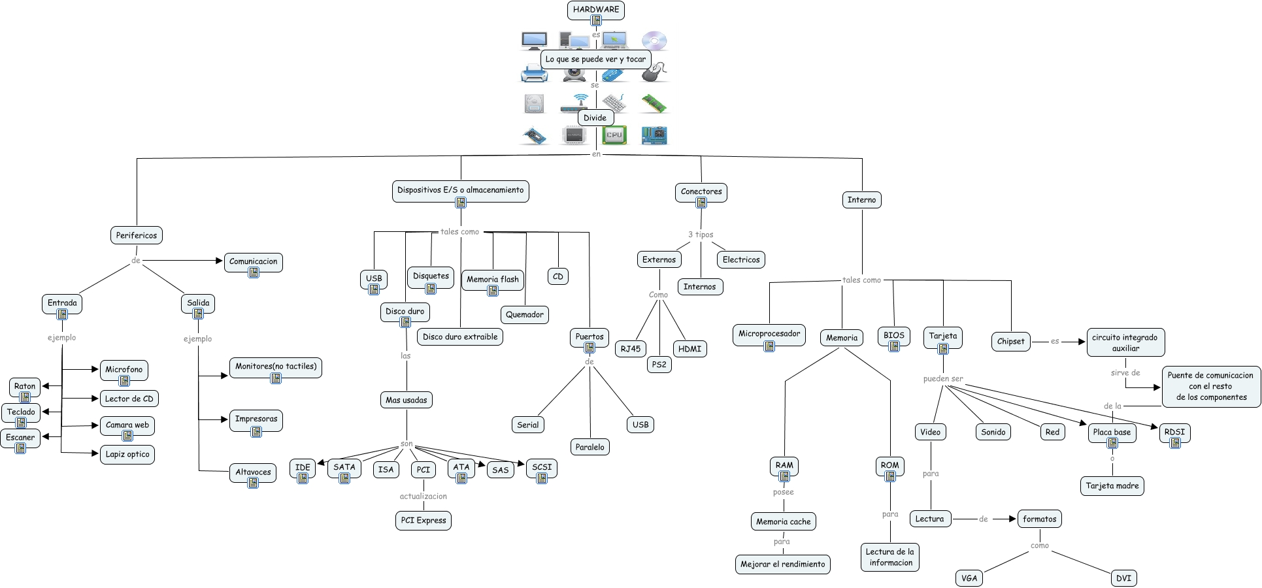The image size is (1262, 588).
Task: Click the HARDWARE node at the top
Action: tap(595, 9)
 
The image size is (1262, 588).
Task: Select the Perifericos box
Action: tap(136, 235)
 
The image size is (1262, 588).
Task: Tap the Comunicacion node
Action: tap(253, 261)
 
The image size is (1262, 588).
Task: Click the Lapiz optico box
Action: tap(127, 454)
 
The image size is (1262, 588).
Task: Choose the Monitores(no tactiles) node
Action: tap(275, 367)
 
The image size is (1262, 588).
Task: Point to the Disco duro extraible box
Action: tap(459, 336)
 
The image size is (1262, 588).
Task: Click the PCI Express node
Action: tap(423, 520)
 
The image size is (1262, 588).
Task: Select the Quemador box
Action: tap(524, 314)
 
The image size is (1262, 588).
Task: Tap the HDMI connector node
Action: tap(689, 349)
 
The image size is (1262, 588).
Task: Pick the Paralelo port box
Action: tap(589, 447)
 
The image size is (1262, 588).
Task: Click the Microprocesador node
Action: tap(769, 333)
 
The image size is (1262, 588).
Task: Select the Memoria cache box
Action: tap(783, 521)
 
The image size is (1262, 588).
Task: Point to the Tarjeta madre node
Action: tap(1112, 485)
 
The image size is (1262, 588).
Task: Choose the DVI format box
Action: tap(1123, 578)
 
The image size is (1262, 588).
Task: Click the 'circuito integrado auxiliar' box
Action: tap(1125, 342)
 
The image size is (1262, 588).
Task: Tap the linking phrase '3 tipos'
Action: tap(701, 235)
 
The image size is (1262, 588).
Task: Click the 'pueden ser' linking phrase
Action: tap(942, 379)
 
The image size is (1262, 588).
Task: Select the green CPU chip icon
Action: tap(614, 135)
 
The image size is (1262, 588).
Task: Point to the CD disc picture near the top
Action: tap(654, 41)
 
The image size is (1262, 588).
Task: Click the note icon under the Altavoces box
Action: tap(253, 483)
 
